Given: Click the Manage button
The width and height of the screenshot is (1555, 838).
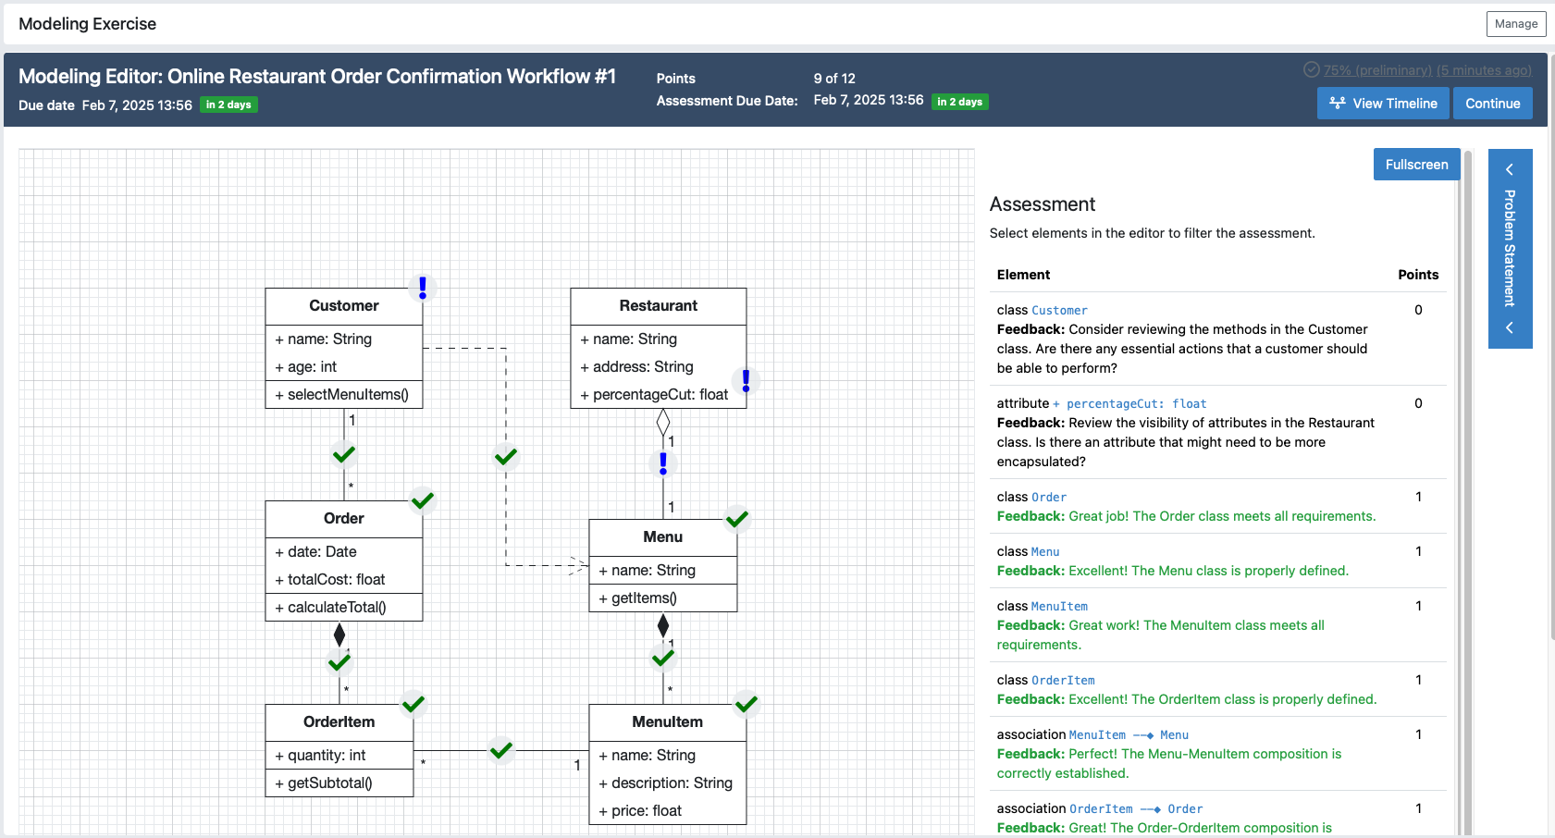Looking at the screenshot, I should click(1515, 24).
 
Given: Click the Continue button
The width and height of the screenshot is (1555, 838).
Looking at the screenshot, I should click(1492, 104).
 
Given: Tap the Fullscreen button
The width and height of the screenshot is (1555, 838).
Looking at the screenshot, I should click(1416, 165).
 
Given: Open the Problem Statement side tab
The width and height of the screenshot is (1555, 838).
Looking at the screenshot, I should click(1510, 248).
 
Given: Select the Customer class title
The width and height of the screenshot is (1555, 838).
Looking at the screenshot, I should click(343, 306).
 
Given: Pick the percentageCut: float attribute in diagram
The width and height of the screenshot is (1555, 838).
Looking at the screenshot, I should click(660, 395).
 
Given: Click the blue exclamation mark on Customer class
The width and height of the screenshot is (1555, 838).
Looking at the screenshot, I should click(423, 288).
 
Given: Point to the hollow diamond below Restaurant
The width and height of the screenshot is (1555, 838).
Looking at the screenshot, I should click(663, 423).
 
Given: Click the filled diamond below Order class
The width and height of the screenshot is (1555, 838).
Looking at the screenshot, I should click(339, 635).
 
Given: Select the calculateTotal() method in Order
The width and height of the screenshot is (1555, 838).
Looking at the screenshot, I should click(336, 608).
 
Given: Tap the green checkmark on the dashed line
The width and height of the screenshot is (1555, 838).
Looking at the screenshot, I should click(506, 456).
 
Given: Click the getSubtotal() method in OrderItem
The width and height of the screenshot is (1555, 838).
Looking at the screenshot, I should click(329, 783).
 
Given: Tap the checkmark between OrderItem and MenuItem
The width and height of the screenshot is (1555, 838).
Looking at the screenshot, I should click(501, 750).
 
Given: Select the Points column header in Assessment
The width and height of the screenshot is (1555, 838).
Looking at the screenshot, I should click(1417, 275).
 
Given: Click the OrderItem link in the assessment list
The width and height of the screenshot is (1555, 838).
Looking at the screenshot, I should click(1063, 681).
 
